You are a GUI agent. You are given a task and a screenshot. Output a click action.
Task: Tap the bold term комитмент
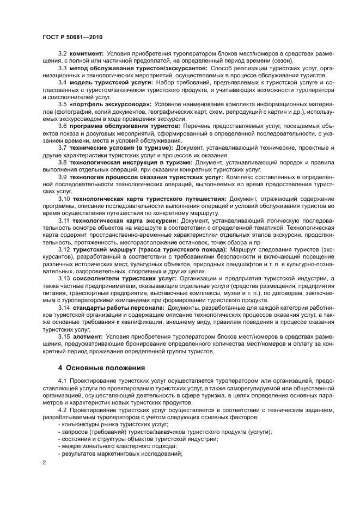click(x=87, y=53)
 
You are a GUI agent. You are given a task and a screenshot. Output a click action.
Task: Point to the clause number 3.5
click(x=63, y=103)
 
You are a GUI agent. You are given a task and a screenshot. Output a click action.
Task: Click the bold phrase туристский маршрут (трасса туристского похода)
click(x=149, y=250)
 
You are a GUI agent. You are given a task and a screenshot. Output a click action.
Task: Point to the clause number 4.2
click(x=63, y=409)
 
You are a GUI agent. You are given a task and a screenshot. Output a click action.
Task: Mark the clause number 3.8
click(x=63, y=162)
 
